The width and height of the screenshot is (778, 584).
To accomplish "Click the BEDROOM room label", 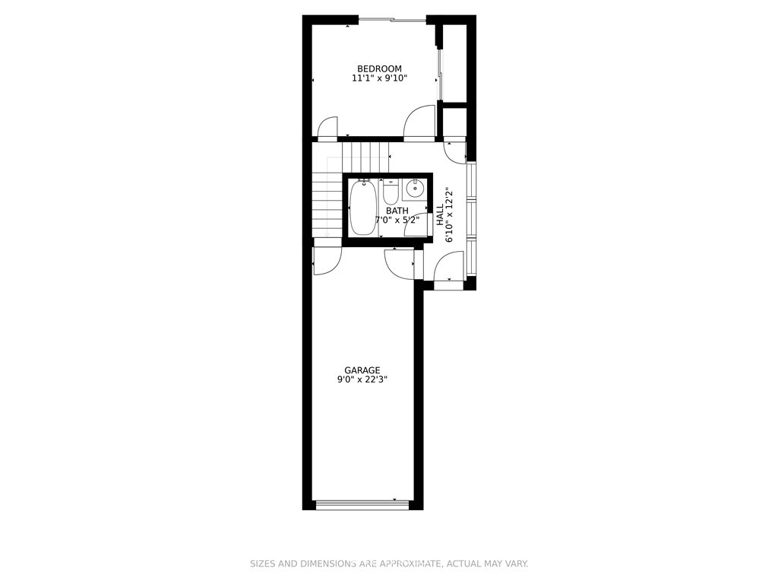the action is [380, 68].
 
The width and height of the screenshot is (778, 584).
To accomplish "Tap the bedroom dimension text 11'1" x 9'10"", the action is [380, 78].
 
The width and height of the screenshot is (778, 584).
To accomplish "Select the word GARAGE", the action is [362, 370].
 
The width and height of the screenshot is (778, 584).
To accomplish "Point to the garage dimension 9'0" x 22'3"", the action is [362, 379].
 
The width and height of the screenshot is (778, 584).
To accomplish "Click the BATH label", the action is [397, 211].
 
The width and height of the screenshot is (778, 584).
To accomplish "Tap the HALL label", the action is [440, 214].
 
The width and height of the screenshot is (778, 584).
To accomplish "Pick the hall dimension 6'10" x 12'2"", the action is [450, 214].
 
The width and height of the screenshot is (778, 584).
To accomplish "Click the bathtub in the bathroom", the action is [362, 208].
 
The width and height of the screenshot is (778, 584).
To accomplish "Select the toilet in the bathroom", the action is [391, 192].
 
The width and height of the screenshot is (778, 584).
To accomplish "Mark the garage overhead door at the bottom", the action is [362, 505].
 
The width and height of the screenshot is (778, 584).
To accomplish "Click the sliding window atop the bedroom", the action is [392, 20].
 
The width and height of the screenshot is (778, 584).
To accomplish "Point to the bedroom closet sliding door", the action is [440, 75].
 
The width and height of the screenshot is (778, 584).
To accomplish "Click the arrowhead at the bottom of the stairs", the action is [327, 234].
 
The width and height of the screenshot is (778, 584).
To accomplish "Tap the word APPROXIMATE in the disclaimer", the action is [411, 563].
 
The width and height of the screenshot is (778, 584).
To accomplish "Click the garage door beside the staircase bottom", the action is [327, 262].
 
